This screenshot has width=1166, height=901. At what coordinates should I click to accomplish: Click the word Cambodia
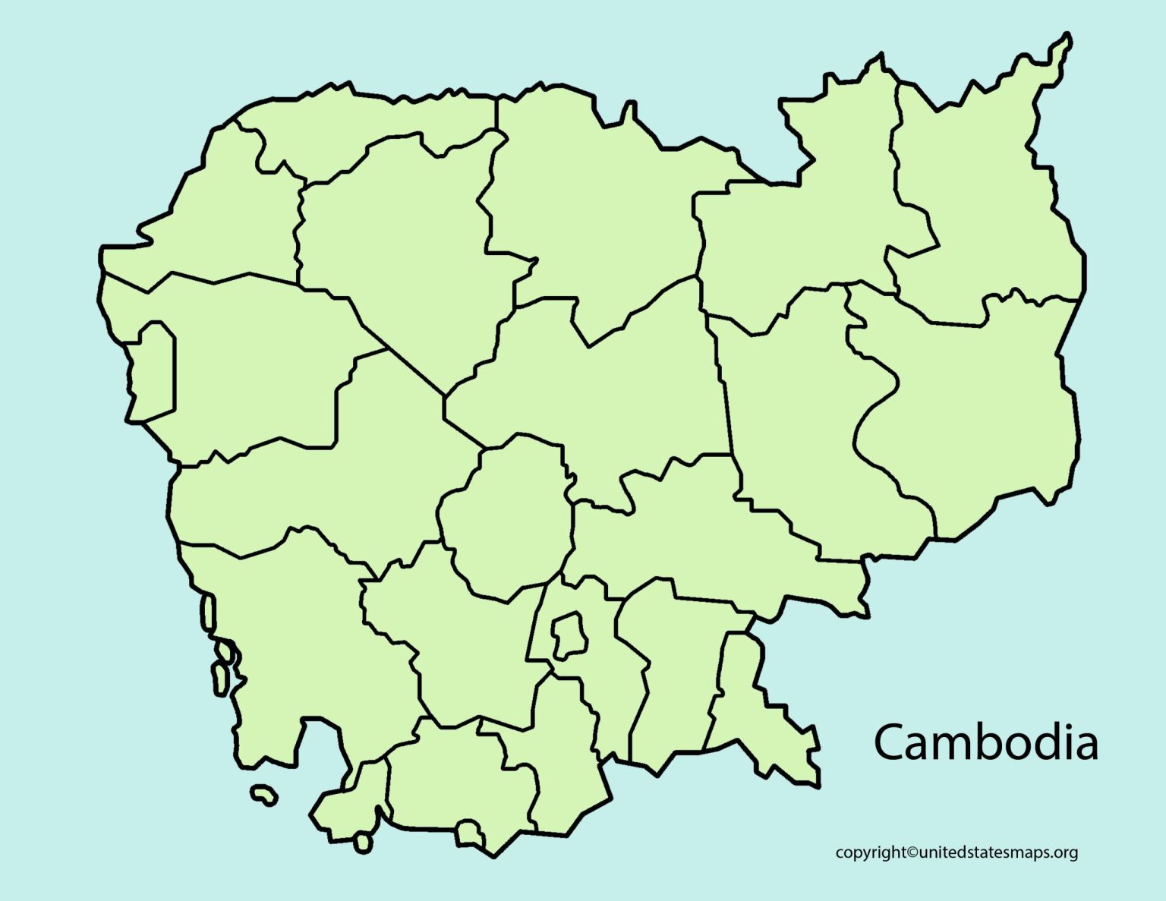pos(985,742)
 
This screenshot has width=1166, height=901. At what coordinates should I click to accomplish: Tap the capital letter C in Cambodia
pos(890,742)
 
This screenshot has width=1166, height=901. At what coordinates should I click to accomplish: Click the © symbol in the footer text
pos(912,852)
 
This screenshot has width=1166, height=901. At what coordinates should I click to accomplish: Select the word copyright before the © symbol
pos(871,853)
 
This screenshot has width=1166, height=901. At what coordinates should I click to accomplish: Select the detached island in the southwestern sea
pos(263,795)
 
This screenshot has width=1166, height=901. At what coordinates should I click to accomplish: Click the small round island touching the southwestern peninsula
pos(363,842)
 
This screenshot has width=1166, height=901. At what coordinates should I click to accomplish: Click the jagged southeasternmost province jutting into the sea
pos(759,714)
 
